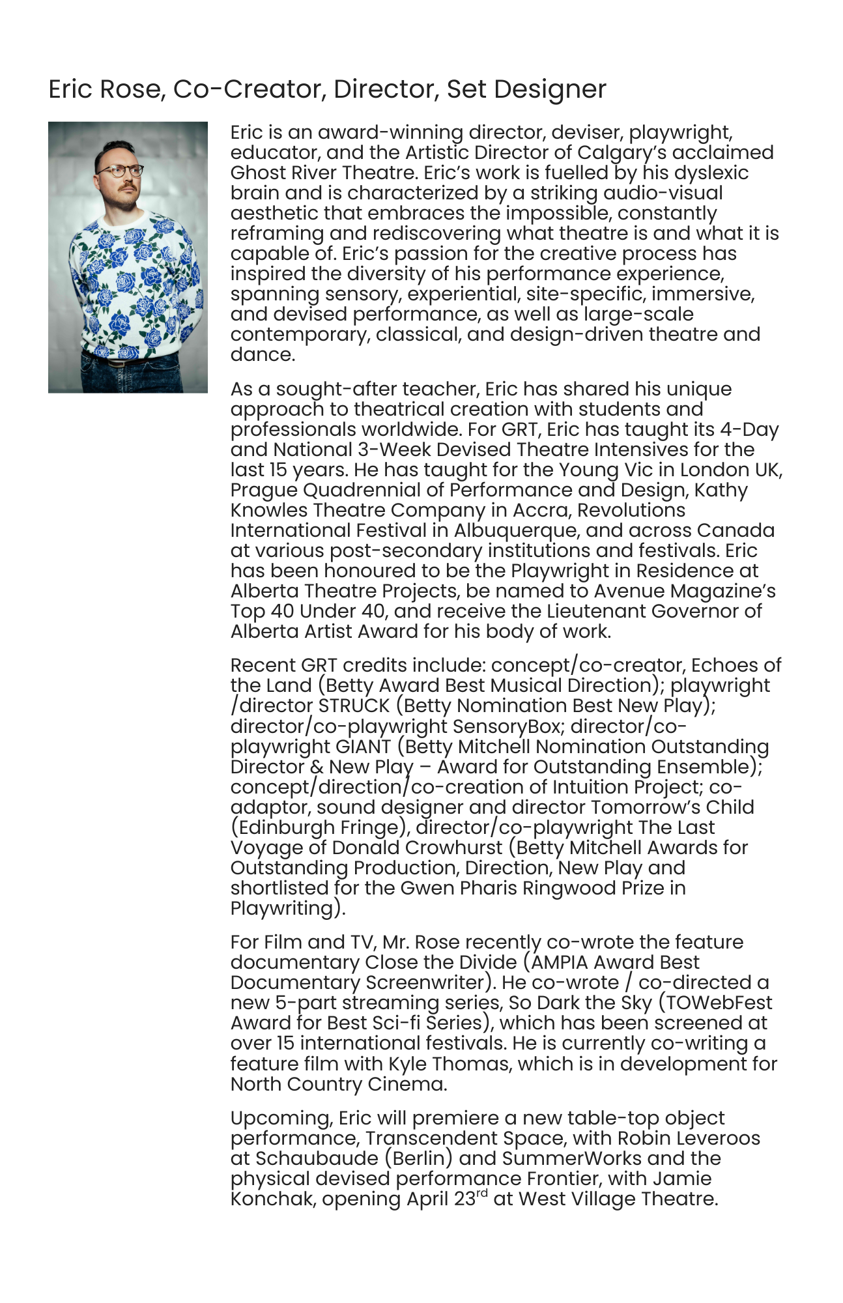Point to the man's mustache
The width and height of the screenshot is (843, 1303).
click(x=128, y=186)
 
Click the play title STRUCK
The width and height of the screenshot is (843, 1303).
click(x=354, y=706)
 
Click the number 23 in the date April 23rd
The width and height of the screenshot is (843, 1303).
click(x=465, y=1199)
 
